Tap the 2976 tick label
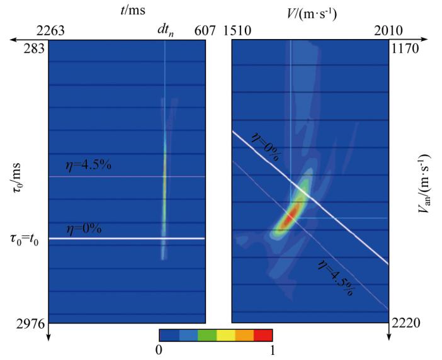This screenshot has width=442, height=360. tap(30, 324)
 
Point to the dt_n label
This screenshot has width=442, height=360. tap(166, 30)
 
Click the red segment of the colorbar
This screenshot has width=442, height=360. tap(263, 335)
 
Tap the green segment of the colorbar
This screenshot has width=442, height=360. tap(206, 335)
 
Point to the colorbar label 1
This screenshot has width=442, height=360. tap(272, 351)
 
